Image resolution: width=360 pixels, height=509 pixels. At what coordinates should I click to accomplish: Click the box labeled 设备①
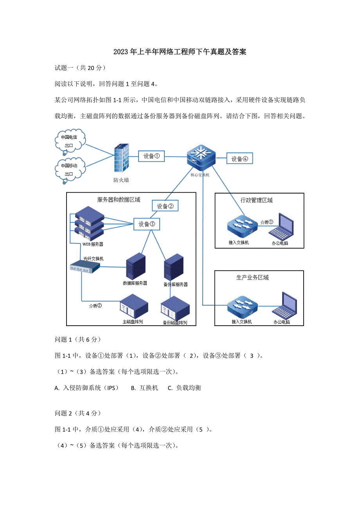(151, 156)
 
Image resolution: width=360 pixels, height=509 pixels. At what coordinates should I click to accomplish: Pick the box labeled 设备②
(165, 206)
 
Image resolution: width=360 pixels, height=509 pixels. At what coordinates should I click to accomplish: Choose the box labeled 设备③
(147, 224)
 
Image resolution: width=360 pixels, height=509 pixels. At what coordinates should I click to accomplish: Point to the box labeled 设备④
(240, 159)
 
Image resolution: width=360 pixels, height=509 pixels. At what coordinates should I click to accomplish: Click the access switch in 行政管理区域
(242, 226)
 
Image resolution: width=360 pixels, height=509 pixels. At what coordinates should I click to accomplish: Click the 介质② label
(95, 306)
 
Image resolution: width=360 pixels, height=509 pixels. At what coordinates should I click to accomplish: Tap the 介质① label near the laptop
(267, 222)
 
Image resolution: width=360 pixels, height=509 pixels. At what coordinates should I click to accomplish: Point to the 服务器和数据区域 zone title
(119, 199)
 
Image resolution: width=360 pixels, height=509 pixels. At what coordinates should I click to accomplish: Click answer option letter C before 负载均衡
(170, 388)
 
